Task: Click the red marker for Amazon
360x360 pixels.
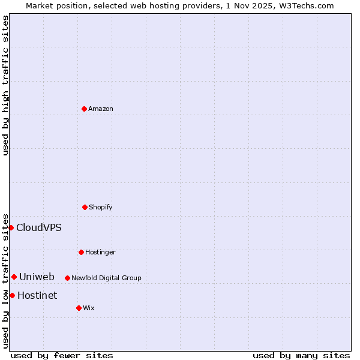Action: coord(84,109)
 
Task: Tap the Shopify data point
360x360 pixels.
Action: coord(85,207)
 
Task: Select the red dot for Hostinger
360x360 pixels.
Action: coord(81,252)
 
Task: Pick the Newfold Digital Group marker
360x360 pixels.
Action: coord(67,278)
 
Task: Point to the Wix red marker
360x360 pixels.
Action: coord(79,308)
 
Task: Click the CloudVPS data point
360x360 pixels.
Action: coord(11,227)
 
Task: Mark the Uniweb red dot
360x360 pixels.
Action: coord(14,277)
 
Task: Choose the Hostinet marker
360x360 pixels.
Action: coord(12,295)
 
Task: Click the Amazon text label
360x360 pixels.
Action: coord(101,109)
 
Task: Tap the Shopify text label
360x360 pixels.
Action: coord(101,207)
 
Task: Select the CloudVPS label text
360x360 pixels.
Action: coord(38,227)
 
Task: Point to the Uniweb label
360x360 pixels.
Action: coord(37,277)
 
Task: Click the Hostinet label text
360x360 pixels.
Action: coord(37,295)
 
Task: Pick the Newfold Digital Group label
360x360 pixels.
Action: coord(106,278)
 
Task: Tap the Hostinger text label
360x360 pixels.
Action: coord(100,252)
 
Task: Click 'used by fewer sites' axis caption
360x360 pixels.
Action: coord(62,355)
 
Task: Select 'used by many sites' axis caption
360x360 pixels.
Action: coord(301,355)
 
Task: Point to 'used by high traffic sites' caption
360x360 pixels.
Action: coord(5,85)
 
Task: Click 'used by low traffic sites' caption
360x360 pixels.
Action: coord(5,280)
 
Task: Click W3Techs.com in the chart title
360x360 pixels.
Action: coord(305,5)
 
